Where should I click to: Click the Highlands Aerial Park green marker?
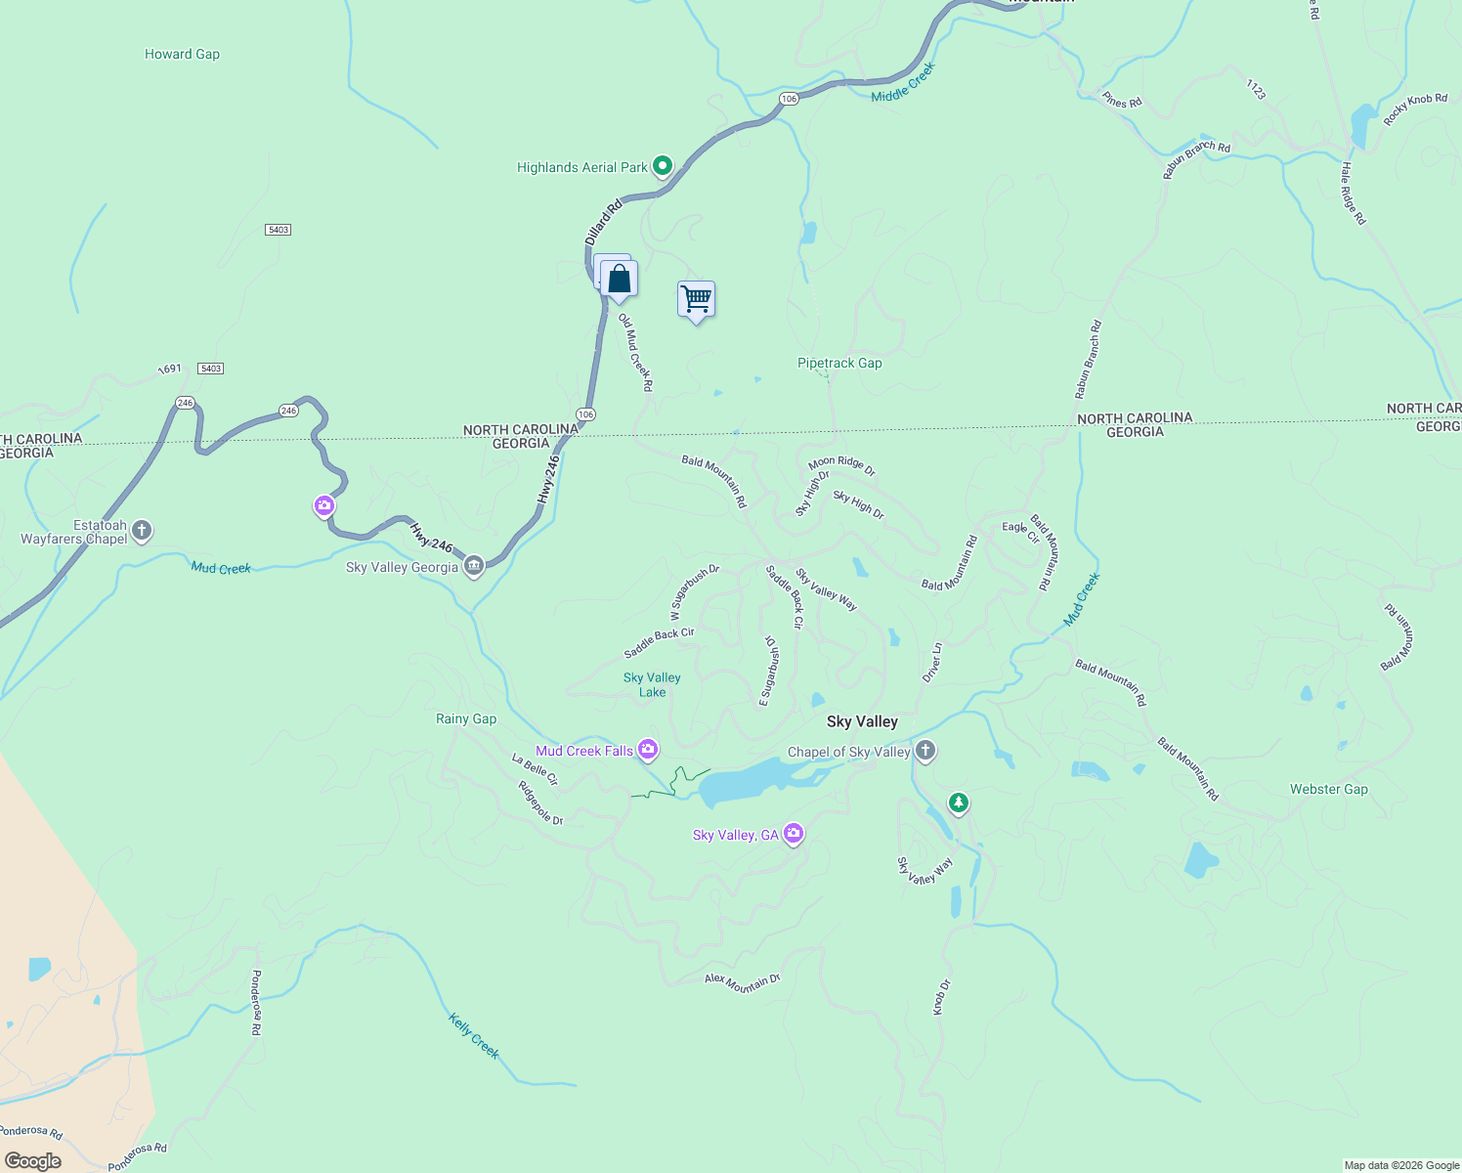662,166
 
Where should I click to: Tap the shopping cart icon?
696,299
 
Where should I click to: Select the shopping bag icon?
619,280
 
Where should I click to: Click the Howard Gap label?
182,54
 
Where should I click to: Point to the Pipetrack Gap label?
839,363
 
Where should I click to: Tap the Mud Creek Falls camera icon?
647,750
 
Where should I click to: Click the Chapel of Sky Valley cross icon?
925,751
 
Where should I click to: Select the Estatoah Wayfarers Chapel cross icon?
142,531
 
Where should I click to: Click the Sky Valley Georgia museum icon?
474,566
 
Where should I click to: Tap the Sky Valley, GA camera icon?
794,834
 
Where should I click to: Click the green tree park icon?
959,804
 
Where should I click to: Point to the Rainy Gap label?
466,718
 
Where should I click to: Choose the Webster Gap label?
1328,789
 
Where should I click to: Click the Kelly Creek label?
474,1036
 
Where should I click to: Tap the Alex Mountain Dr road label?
743,982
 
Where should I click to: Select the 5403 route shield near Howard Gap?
278,230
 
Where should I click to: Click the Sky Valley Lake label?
652,684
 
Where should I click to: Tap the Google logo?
33,1161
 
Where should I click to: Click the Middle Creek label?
903,82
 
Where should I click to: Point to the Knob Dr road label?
941,997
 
